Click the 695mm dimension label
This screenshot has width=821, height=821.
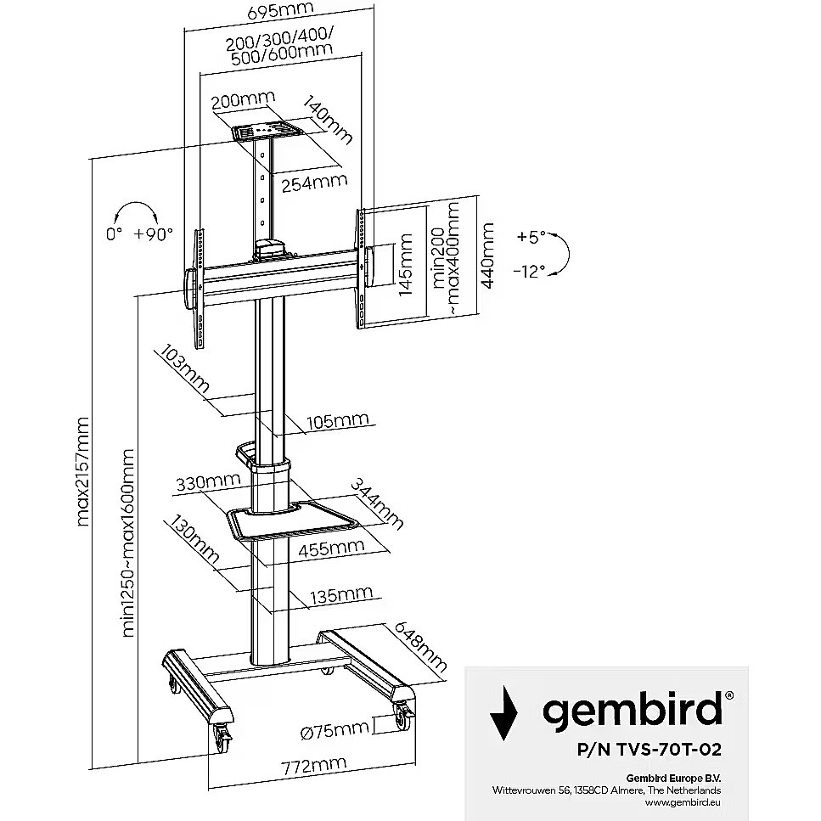point(275,11)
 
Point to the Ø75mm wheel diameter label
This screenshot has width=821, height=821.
point(335,728)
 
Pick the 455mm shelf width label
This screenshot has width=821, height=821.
point(326,548)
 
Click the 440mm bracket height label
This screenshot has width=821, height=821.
point(486,256)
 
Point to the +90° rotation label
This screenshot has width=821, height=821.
point(153,233)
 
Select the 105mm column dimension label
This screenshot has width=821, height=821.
point(339,421)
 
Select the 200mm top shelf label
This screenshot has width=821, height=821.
point(239,101)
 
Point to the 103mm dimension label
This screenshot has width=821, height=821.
point(183,366)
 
